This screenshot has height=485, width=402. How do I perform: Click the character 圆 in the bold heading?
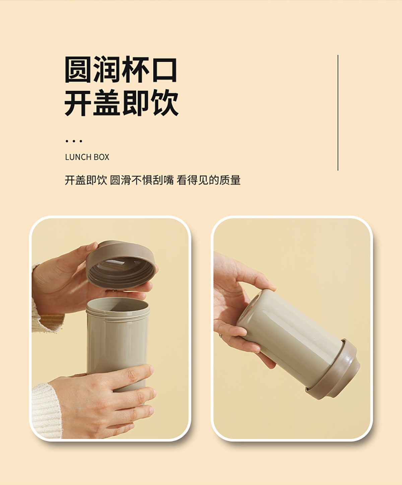[x=77, y=69]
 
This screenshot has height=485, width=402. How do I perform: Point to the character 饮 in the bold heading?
[x=164, y=102]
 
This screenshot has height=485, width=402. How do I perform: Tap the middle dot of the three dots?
[x=74, y=141]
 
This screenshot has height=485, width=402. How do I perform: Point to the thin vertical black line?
[x=338, y=113]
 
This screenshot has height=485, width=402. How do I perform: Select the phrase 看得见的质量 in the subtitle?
[x=208, y=180]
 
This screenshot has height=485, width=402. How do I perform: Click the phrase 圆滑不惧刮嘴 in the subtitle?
[x=142, y=180]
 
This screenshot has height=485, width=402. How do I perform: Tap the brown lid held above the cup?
[x=121, y=264]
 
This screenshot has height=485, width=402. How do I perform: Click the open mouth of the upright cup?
[x=118, y=305]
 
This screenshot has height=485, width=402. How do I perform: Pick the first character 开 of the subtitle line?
[x=70, y=180]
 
